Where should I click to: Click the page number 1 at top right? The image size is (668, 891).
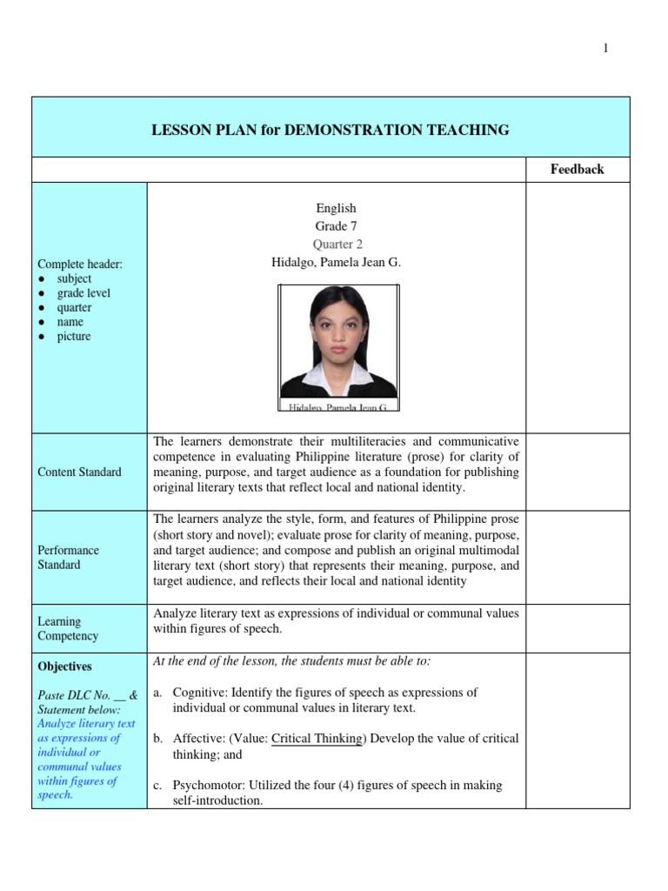coord(606,49)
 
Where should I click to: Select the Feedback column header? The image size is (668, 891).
coord(577,170)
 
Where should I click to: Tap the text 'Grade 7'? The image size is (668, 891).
coord(336,226)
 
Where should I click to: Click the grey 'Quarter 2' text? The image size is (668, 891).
coord(336,245)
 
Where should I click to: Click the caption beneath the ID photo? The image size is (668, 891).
coord(337,406)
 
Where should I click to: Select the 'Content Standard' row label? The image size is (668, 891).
coord(80,472)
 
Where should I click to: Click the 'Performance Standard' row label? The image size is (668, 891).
coord(69,557)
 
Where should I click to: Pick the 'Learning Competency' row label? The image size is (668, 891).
coord(68,628)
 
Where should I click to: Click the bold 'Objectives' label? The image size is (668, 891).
coord(64,667)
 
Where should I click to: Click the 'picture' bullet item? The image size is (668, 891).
coord(74,336)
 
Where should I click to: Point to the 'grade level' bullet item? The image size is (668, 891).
coord(83,293)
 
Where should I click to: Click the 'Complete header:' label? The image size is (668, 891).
coord(74,265)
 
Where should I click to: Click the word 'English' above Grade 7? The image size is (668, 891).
coord(336,208)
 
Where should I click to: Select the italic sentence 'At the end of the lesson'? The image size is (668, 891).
coord(291,661)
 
